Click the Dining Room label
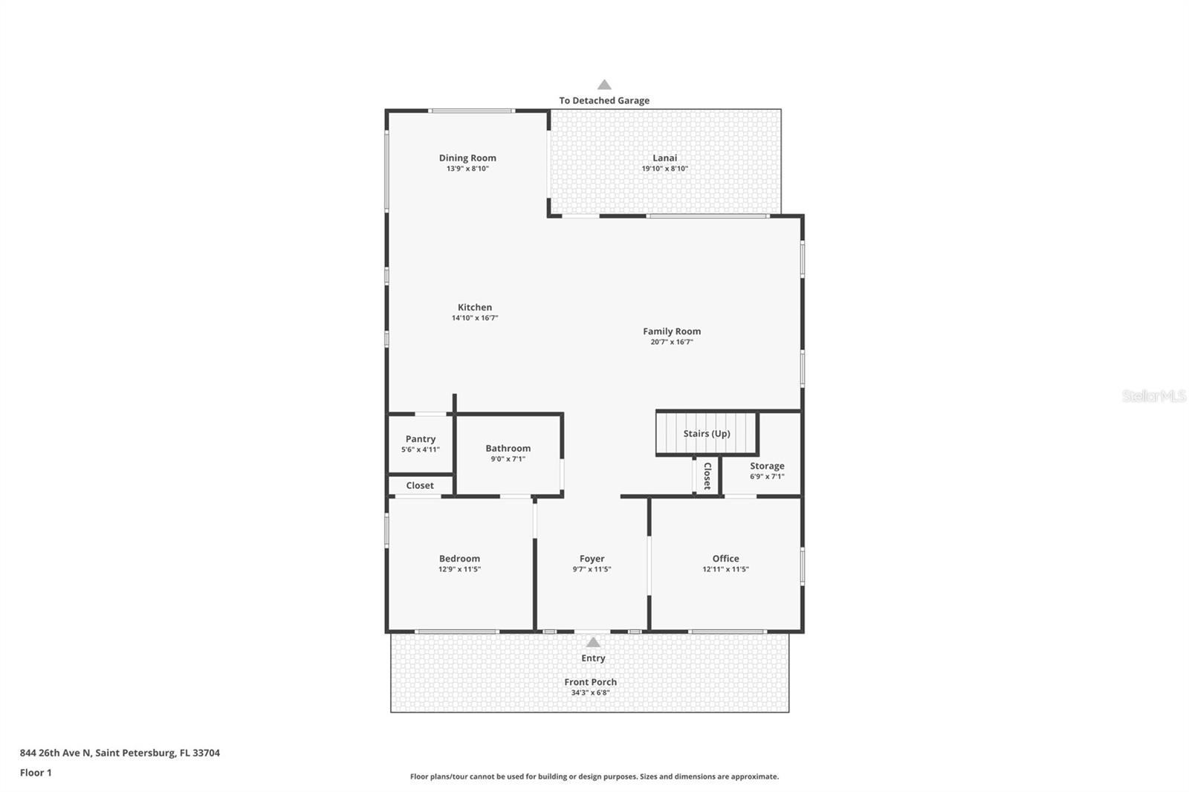[467, 158]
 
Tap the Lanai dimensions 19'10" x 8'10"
[664, 169]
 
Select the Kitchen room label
[475, 307]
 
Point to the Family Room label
[672, 331]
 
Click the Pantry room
[421, 444]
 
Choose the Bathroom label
[508, 448]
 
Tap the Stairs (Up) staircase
[706, 434]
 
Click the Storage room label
[767, 466]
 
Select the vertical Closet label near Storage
[707, 476]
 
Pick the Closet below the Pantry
[420, 486]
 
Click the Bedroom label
[459, 559]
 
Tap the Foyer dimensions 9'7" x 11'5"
[592, 569]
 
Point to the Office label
[725, 559]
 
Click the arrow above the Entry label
[593, 643]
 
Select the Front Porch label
[590, 682]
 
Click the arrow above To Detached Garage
[604, 85]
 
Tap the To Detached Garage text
[604, 100]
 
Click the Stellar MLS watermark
[1153, 396]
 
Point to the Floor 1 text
[36, 773]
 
